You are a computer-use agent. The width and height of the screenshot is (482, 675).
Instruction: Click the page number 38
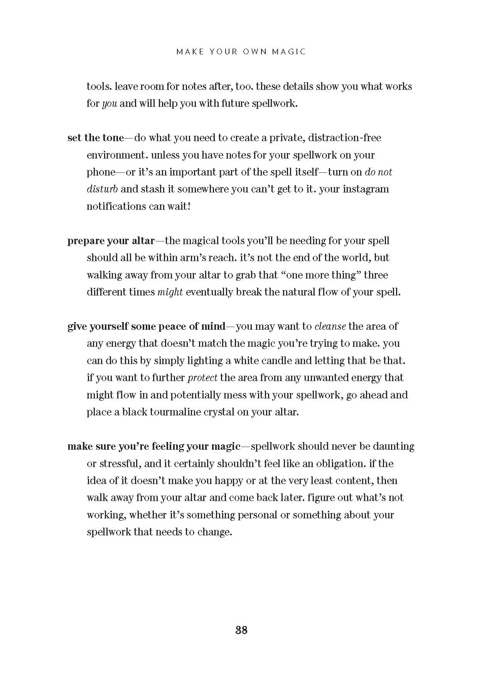coord(241,630)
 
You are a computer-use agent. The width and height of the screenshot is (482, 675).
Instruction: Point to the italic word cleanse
coord(330,326)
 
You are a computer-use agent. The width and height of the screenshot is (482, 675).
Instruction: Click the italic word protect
coord(202,378)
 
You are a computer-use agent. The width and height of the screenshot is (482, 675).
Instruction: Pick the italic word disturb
coord(102,189)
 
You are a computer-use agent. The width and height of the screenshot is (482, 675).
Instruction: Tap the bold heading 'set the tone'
coord(96,138)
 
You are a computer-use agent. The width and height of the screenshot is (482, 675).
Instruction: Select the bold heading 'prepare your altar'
coord(111,241)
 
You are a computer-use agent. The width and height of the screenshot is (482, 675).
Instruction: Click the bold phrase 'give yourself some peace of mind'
coord(146,326)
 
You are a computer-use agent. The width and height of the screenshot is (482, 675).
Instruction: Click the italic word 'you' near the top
coord(110,104)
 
